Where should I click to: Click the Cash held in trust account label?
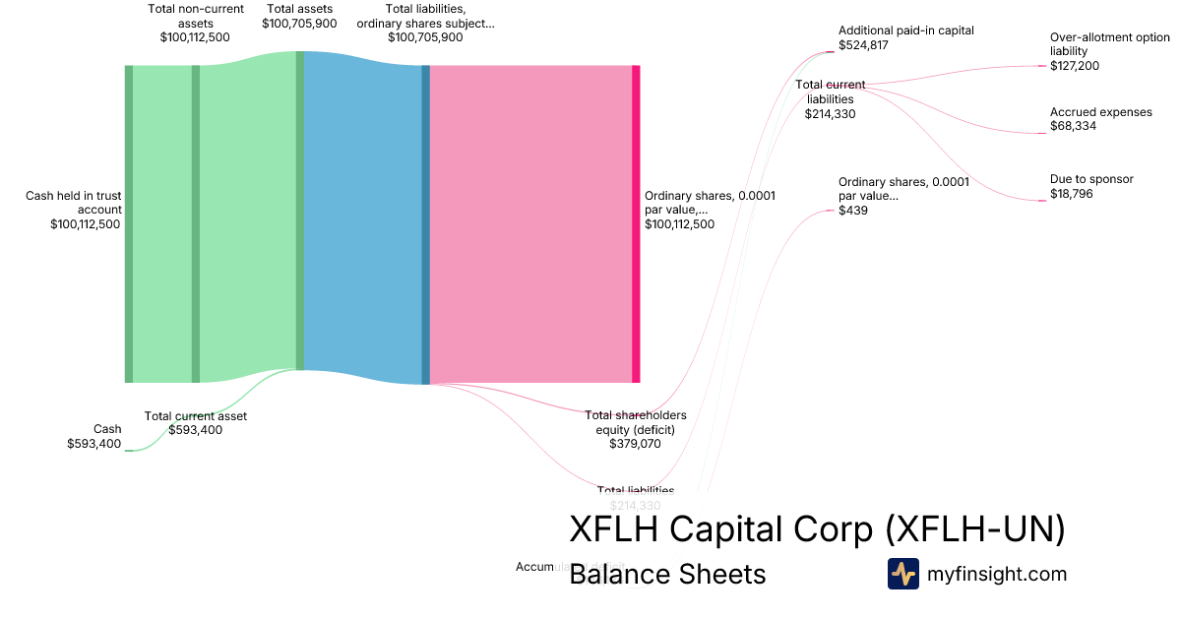[74, 202]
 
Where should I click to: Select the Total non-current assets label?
[195, 16]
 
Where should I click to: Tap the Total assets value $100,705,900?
[299, 24]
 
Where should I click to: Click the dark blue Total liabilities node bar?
[426, 224]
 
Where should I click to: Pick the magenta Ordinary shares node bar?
[636, 224]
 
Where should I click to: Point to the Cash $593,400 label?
[94, 436]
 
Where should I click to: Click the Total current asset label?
[196, 416]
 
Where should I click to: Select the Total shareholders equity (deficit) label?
[636, 422]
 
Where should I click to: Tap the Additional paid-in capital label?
[905, 31]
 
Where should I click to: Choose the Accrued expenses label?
[1100, 112]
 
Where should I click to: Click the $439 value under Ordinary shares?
[852, 211]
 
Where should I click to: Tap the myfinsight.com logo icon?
[902, 574]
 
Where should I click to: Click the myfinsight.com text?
[997, 574]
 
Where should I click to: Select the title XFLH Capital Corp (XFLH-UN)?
[817, 529]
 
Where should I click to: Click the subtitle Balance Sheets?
[667, 574]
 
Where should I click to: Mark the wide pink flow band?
[531, 224]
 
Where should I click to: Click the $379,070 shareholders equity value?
[636, 444]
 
